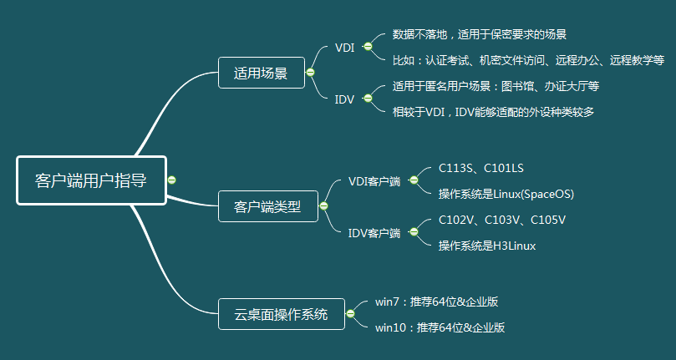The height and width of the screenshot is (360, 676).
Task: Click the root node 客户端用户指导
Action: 91,180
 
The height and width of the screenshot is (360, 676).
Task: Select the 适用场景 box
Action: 261,74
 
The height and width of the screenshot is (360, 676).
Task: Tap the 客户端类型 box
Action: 267,205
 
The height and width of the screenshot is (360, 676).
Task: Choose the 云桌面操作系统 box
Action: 280,314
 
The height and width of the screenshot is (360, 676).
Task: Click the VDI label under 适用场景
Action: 344,48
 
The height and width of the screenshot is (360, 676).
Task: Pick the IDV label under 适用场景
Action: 344,99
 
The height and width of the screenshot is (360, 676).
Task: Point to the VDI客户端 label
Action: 374,180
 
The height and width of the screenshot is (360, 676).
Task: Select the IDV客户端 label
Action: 374,232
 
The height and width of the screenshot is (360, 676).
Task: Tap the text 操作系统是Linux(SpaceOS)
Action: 506,194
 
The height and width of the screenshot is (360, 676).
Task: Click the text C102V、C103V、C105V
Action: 502,220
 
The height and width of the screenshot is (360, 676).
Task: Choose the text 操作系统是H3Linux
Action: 487,246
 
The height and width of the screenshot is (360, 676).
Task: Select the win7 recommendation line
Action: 436,302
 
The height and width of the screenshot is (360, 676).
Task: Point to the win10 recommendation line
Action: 440,327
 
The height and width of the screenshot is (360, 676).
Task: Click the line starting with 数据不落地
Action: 480,35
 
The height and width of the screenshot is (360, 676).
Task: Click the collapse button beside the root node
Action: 171,180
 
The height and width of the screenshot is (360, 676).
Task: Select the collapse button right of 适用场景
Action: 310,74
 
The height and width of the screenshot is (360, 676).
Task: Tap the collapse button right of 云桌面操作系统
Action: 350,314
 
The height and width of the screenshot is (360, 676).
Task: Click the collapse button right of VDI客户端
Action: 414,180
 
